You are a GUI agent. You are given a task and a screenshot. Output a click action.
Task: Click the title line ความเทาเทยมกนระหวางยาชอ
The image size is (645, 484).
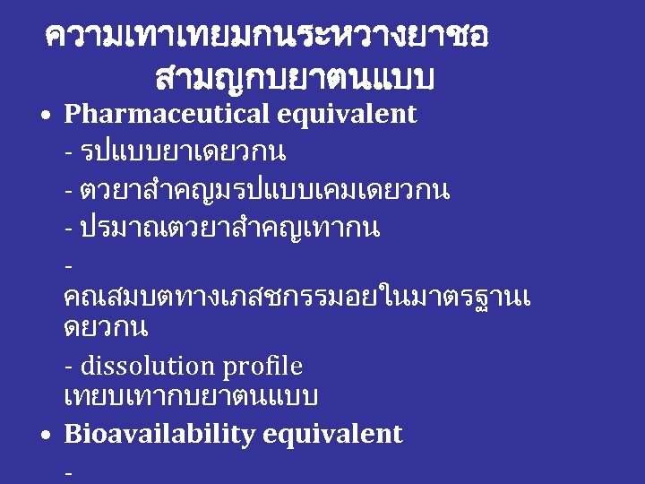pos(267,37)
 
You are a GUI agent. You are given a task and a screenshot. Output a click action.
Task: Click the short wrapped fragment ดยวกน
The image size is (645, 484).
pos(106,328)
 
